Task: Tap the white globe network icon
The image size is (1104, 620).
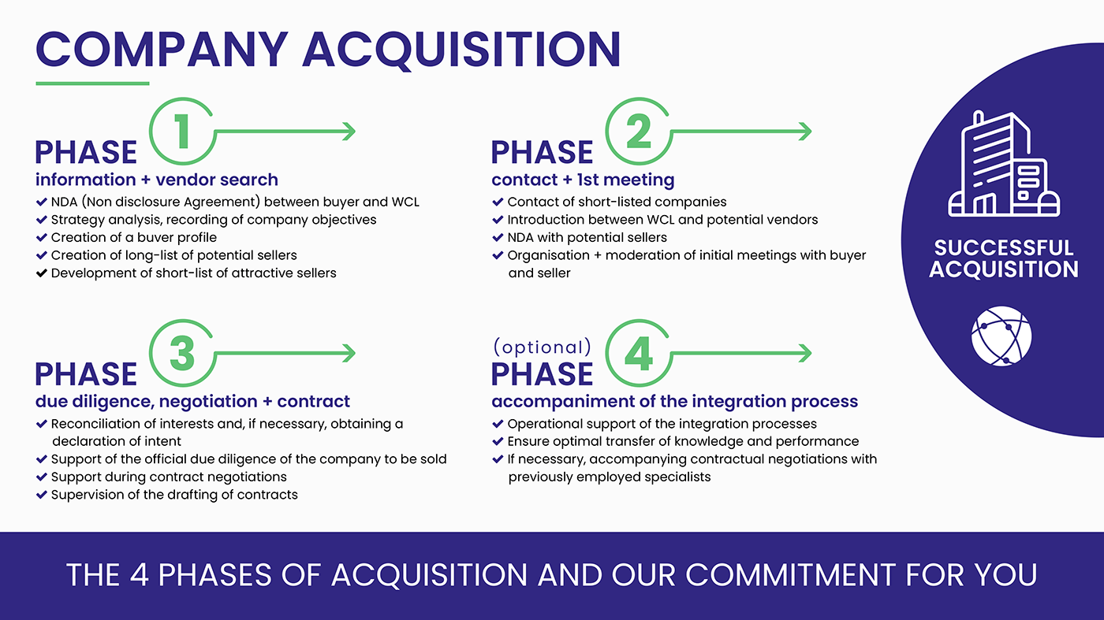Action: [1001, 336]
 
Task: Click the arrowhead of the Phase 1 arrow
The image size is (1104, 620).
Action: [348, 132]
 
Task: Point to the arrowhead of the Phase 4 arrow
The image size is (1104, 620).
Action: [804, 354]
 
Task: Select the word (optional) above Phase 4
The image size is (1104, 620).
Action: [542, 347]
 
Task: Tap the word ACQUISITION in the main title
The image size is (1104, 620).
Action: [461, 49]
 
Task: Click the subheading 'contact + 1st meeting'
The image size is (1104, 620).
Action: [583, 180]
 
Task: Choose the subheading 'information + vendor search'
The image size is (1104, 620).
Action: [156, 180]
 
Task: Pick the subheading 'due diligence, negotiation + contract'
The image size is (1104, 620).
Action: [193, 402]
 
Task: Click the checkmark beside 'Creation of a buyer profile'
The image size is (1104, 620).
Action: [42, 237]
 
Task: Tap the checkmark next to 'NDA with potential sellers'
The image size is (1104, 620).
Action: [498, 237]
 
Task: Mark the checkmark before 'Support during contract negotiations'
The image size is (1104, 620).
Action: [42, 477]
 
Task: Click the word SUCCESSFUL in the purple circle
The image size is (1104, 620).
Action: [1003, 248]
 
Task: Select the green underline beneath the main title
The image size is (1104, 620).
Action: [92, 83]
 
